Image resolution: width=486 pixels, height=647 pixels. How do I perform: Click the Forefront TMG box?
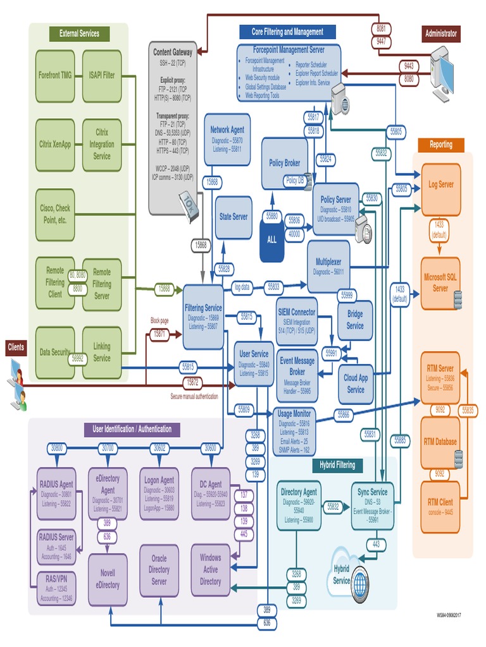(x=55, y=75)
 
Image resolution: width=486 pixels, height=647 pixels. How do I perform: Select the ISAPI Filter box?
(x=102, y=75)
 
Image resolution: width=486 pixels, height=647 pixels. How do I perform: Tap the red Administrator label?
(x=441, y=33)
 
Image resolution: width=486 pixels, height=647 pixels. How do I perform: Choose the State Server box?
(x=234, y=217)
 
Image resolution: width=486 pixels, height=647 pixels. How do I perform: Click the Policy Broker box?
(x=284, y=163)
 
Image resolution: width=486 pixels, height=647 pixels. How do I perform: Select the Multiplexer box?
(x=328, y=258)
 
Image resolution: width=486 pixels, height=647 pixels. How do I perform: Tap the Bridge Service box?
(x=355, y=320)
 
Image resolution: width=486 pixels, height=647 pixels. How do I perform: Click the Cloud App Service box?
(x=356, y=384)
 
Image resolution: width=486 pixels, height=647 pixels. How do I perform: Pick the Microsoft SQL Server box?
(x=440, y=283)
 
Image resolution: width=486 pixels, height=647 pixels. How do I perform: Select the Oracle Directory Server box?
(x=159, y=570)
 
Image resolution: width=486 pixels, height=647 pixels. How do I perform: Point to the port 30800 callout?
(x=57, y=447)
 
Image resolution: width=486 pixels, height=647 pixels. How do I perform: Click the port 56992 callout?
(x=78, y=358)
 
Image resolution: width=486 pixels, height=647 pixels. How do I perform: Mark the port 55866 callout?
(x=343, y=414)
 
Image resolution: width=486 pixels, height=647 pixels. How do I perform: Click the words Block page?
(x=159, y=320)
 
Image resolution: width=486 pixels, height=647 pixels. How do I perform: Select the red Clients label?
(x=16, y=346)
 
